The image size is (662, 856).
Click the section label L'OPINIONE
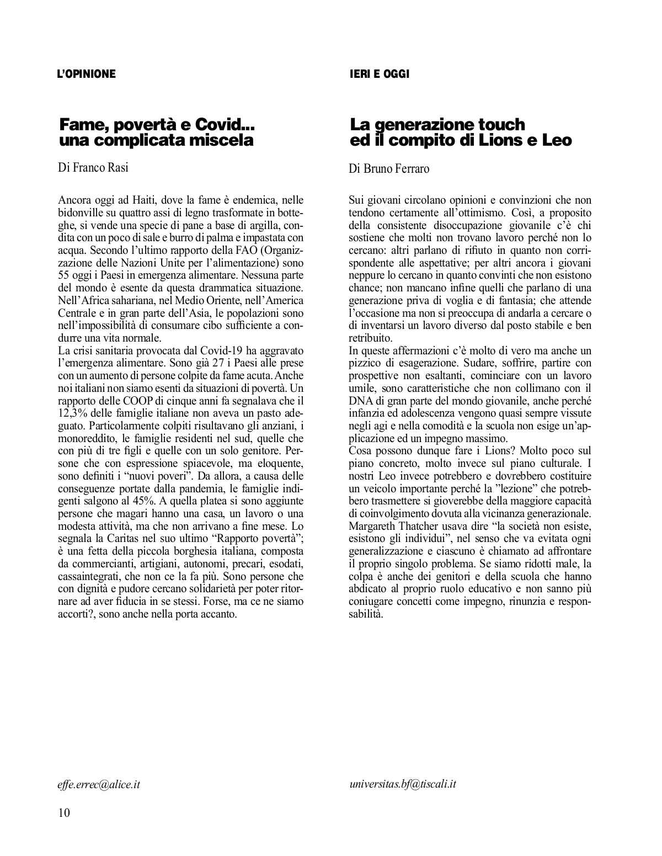coord(87,74)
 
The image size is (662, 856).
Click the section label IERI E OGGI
coord(379,74)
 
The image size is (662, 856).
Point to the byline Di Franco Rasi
coord(93,168)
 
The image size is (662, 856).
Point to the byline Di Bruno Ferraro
coord(389,169)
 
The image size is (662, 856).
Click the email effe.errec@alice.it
coord(98,784)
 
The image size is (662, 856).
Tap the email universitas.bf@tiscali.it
coord(403,784)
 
